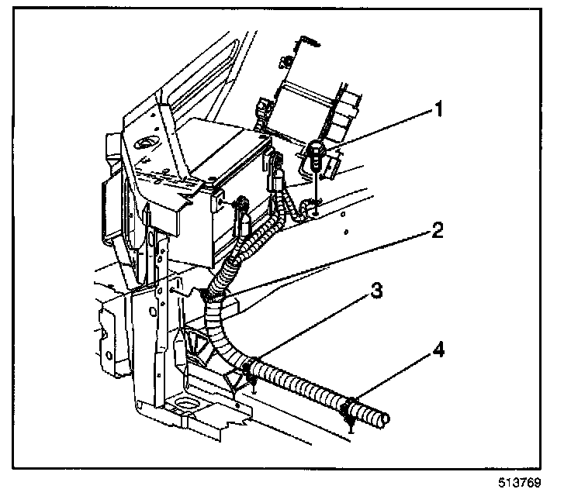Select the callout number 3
(x=375, y=292)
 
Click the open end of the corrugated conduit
(x=382, y=421)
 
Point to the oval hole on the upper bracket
(x=145, y=143)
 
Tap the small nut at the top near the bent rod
(x=287, y=61)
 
